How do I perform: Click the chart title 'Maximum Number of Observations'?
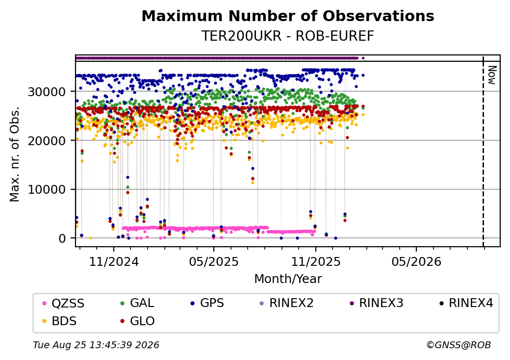(x=288, y=16)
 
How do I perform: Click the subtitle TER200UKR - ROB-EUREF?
(x=288, y=36)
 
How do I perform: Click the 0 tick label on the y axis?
(x=62, y=238)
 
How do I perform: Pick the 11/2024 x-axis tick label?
(x=114, y=261)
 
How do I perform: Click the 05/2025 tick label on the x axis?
(x=214, y=261)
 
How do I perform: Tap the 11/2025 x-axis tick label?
(x=315, y=261)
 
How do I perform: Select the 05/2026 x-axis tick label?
(x=416, y=261)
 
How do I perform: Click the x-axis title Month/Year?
(x=288, y=279)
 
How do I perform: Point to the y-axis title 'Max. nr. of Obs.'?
(x=15, y=154)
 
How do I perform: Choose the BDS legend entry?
(x=60, y=321)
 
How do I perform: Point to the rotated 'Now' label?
(x=492, y=75)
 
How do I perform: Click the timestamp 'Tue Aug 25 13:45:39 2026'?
(x=96, y=345)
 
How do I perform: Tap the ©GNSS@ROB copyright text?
(x=459, y=345)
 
